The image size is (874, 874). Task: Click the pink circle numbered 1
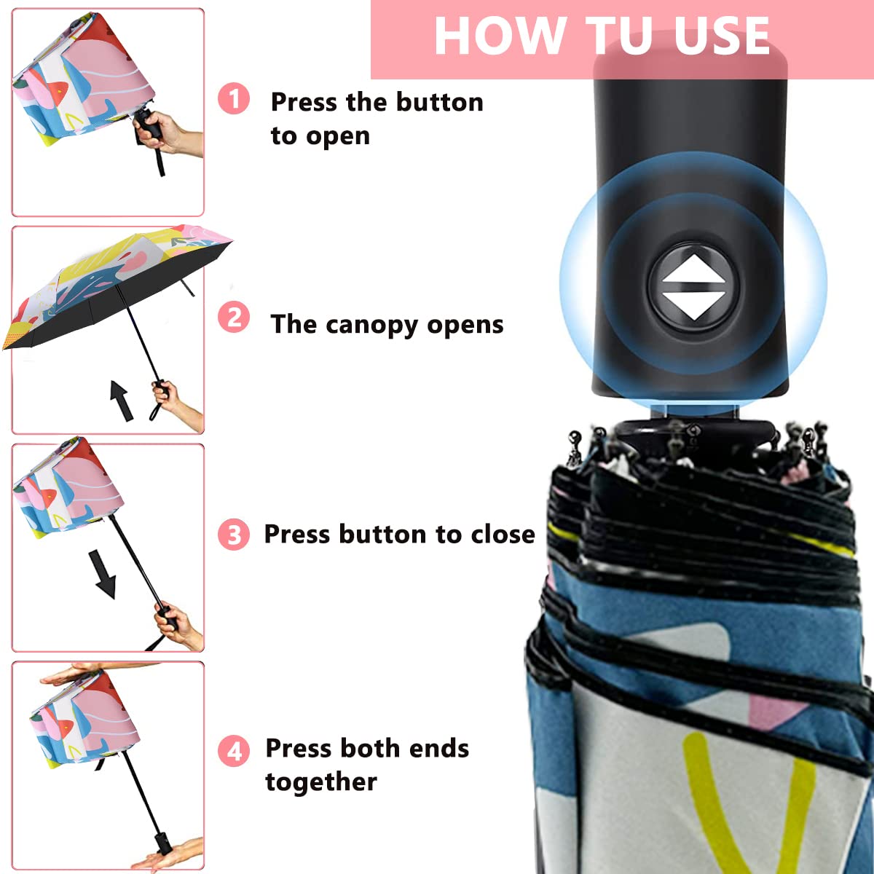tap(234, 98)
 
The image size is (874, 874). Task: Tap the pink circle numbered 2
tap(234, 318)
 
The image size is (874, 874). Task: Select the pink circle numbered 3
tap(234, 535)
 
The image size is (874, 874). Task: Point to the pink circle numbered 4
tap(234, 750)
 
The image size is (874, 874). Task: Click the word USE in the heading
tap(722, 36)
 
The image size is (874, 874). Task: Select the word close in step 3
tap(503, 534)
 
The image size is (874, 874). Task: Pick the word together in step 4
tap(321, 782)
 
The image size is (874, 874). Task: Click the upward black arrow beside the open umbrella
tap(121, 400)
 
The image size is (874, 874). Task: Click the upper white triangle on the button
tap(693, 268)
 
